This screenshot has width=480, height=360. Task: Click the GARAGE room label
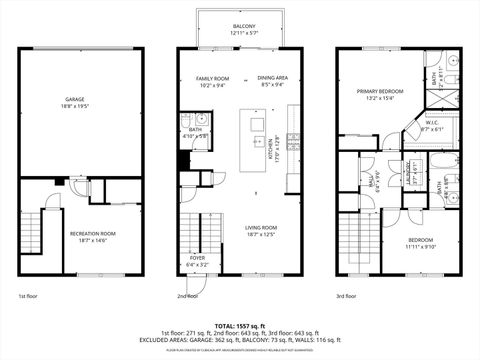[x=75, y=98]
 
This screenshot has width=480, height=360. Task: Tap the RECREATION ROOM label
[x=93, y=233]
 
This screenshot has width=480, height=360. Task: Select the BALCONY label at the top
[x=244, y=26]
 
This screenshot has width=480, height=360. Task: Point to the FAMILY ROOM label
[x=212, y=78]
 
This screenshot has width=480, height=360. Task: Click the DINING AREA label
[x=273, y=78]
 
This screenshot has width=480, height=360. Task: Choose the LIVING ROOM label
[x=261, y=228]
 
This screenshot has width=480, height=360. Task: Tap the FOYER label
[x=199, y=258]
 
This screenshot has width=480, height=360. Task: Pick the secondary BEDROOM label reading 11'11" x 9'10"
[x=420, y=240]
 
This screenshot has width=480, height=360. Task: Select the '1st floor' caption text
[x=29, y=296]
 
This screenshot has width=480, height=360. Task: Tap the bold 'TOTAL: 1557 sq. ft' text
[x=240, y=326]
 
